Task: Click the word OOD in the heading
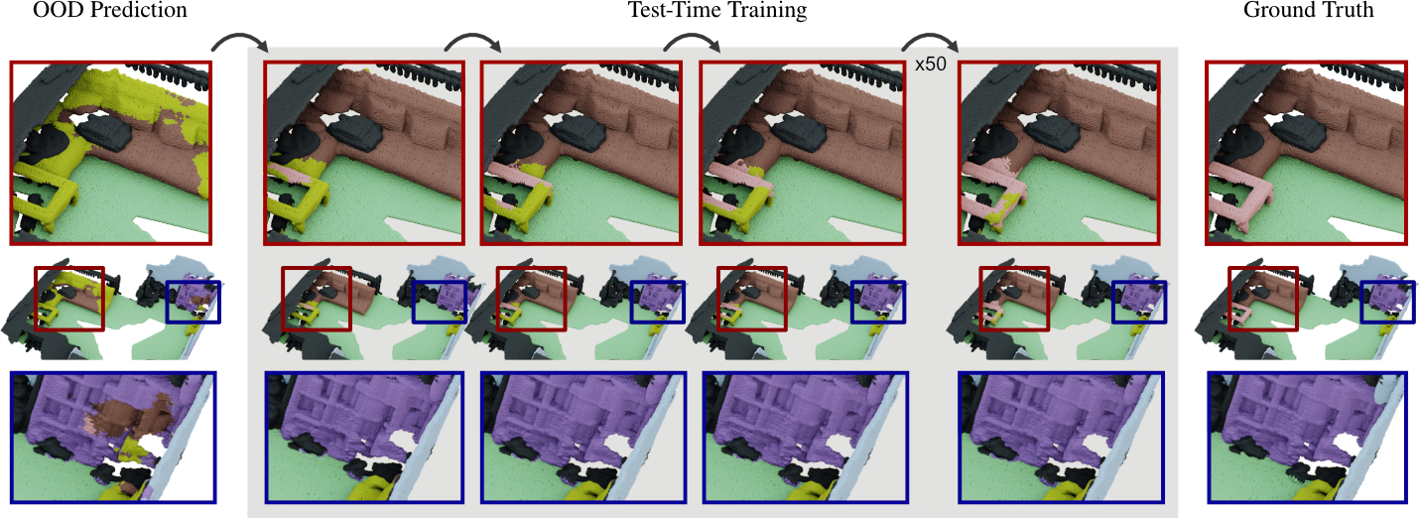pyautogui.click(x=57, y=10)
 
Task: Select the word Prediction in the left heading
pyautogui.click(x=136, y=10)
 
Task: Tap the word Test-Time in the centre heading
pyautogui.click(x=672, y=10)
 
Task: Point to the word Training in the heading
pyautogui.click(x=765, y=10)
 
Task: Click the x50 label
pyautogui.click(x=930, y=64)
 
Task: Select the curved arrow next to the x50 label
pyautogui.click(x=930, y=37)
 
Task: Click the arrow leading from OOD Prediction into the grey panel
pyautogui.click(x=239, y=37)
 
